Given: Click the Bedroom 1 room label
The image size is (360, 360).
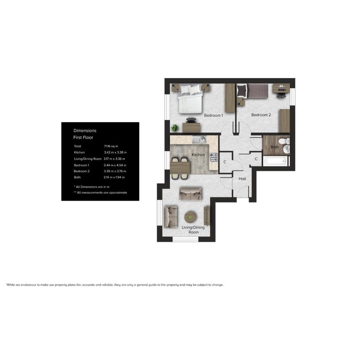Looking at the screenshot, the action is point(213,115).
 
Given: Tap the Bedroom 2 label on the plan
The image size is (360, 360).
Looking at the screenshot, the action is point(261,115).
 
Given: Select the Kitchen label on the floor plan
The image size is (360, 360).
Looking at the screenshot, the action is point(198,155).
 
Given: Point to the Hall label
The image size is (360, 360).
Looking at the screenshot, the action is point(242,179).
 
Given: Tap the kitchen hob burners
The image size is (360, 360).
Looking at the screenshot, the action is point(213,157).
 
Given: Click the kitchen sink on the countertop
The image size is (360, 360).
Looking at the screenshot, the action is point(199,139).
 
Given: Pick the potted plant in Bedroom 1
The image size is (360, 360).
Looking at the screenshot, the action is point(175,128).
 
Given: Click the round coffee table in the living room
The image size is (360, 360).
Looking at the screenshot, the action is point(190,217).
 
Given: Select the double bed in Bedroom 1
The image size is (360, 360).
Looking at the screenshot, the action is point(190,99).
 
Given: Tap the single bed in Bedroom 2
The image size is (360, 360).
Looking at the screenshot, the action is point(253,91).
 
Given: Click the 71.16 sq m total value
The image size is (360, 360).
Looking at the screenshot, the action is point(111,146).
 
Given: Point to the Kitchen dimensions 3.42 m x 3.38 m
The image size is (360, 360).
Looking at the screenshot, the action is point(115,152).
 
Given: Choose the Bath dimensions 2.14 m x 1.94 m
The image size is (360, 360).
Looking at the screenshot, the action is point(114,177).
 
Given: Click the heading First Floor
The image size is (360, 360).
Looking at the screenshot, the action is point(83,138).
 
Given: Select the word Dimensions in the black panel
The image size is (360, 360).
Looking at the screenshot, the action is point(85,131).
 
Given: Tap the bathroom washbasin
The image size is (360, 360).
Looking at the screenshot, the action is point(286,149).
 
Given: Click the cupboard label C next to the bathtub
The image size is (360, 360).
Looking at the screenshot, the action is point(256,158).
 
